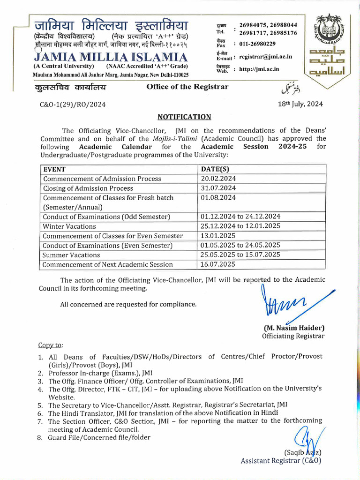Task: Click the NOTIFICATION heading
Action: click(x=184, y=117)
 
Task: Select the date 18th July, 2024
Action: click(x=300, y=105)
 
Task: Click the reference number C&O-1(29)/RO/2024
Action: click(x=73, y=105)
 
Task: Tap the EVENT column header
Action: click(x=54, y=169)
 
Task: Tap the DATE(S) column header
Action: click(x=215, y=169)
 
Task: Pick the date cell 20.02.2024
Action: click(x=218, y=179)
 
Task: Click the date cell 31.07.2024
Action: click(x=218, y=188)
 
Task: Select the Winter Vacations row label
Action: click(x=69, y=226)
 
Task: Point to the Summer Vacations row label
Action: click(x=71, y=255)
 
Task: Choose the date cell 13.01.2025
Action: click(x=218, y=236)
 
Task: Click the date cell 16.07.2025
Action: click(x=218, y=264)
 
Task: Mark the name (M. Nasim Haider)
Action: click(x=293, y=328)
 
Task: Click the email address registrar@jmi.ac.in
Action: click(x=265, y=57)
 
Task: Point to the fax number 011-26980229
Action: click(x=257, y=44)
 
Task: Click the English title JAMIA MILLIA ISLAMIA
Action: click(x=111, y=58)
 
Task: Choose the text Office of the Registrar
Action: click(x=187, y=86)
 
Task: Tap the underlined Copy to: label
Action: click(x=50, y=345)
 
